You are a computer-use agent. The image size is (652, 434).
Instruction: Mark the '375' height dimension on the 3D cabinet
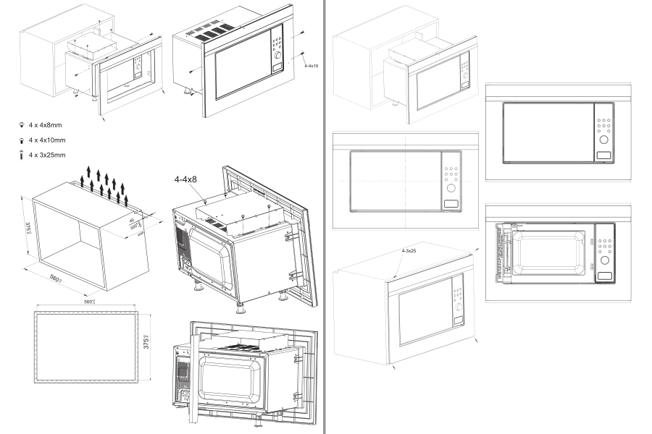point(28,230)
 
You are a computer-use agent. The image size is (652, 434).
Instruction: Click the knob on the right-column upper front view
point(603,139)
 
